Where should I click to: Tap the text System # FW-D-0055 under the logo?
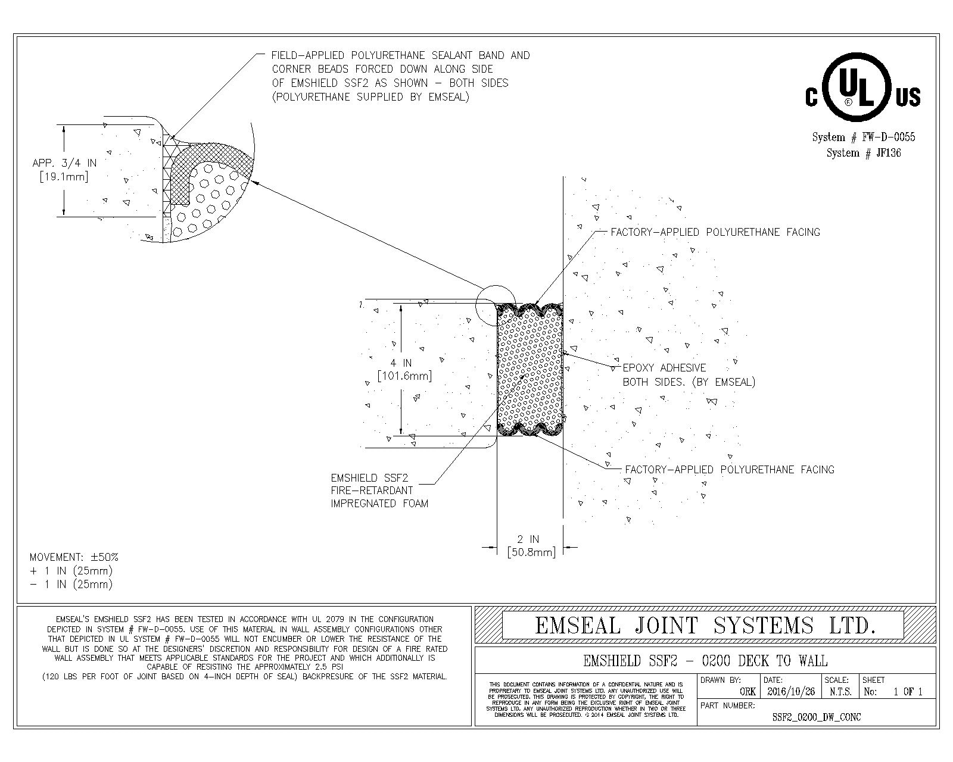pos(864,137)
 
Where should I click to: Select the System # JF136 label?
pos(864,153)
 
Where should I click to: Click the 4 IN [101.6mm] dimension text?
pos(404,369)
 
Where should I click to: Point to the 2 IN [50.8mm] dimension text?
pos(531,546)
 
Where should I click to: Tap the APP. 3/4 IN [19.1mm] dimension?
pos(64,169)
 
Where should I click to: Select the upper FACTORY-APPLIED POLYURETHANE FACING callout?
pos(715,232)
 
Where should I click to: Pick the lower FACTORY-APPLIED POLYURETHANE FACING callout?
pos(729,470)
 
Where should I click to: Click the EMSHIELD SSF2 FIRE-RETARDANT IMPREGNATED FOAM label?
pos(379,491)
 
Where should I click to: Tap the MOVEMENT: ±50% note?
pos(74,557)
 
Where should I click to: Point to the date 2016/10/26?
pos(790,692)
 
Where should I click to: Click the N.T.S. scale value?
pos(840,692)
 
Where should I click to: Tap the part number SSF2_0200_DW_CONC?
pos(816,717)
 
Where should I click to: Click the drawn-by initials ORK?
pos(748,692)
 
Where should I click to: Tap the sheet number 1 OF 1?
pos(908,692)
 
